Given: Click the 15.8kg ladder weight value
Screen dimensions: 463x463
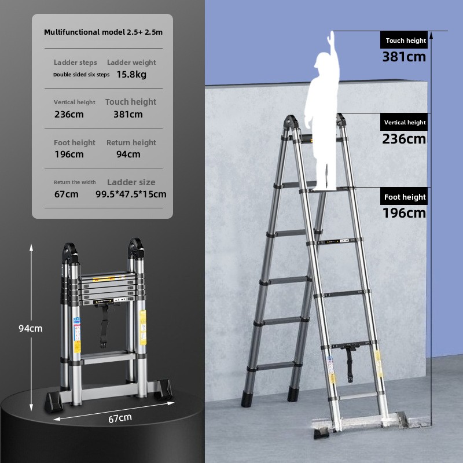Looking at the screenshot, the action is (x=131, y=75).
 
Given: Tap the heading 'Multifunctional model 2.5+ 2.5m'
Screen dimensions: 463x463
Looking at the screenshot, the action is (x=104, y=32).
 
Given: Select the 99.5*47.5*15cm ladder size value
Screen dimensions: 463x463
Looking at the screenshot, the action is (x=131, y=194).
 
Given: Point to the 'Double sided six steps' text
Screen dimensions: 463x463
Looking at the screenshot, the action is (x=81, y=75).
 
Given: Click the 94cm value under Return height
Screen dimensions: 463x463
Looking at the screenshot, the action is (x=128, y=154).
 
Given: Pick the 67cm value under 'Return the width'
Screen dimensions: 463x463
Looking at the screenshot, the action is (x=67, y=194).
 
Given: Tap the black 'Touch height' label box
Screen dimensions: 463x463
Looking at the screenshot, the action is (x=403, y=40).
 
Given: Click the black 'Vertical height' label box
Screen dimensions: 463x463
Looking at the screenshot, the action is (x=403, y=122).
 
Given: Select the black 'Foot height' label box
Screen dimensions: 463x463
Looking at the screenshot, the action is (x=403, y=196).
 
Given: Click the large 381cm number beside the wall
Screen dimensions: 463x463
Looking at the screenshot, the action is (x=404, y=57).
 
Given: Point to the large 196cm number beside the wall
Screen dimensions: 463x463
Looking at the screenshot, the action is (x=404, y=213).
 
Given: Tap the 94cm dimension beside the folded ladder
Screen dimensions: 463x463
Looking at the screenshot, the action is (x=31, y=328).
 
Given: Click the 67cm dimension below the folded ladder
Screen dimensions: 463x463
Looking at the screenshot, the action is (x=120, y=418).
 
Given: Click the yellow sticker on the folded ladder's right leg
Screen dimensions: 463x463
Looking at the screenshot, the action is (x=142, y=328).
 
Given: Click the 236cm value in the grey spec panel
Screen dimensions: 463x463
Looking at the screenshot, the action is (x=69, y=114).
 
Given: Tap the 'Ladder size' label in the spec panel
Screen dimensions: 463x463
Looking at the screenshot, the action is (x=131, y=182).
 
